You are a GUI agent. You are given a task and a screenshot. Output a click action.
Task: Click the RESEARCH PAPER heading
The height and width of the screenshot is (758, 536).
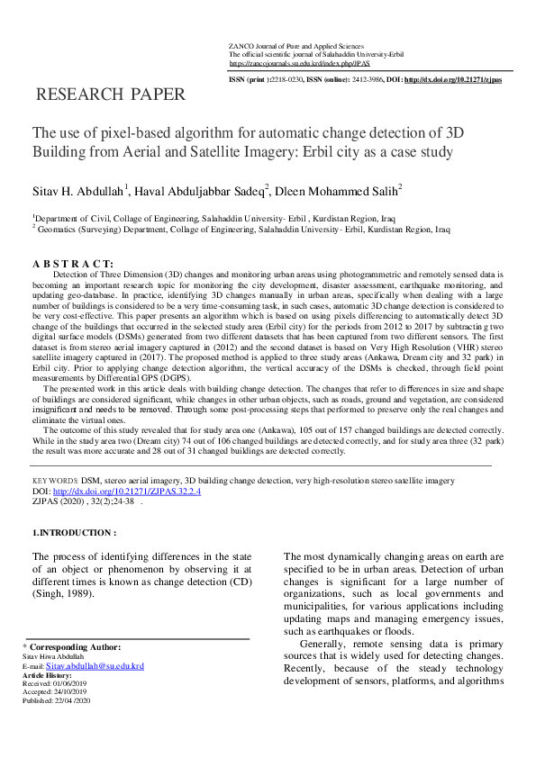[x=111, y=95]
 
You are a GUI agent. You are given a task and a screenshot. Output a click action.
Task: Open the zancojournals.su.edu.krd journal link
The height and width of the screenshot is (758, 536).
[x=299, y=65]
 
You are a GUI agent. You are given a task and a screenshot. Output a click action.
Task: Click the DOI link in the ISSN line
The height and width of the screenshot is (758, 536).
[x=453, y=80]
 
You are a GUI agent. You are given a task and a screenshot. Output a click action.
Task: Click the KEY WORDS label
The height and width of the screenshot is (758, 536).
[x=53, y=482]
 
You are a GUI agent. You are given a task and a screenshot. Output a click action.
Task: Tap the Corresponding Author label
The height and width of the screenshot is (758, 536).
[x=71, y=647]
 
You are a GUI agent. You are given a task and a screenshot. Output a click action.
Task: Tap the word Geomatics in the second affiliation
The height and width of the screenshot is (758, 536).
[x=57, y=230]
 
